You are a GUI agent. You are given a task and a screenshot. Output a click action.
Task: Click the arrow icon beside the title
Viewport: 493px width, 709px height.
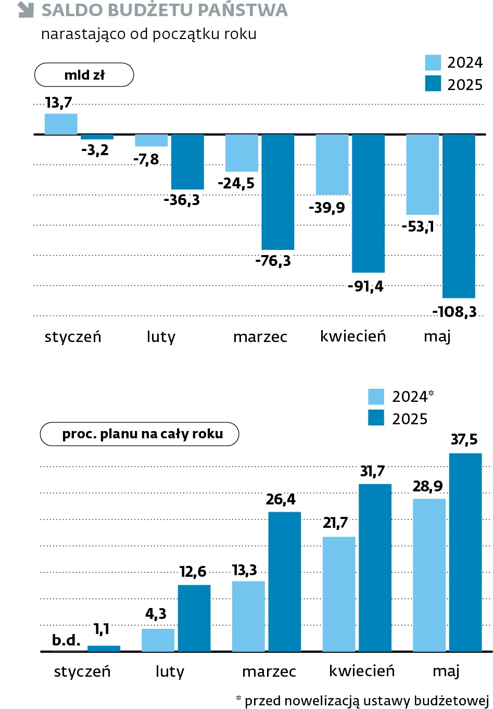(x=26, y=10)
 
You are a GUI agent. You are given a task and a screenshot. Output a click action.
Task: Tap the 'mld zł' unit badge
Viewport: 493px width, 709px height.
(x=84, y=75)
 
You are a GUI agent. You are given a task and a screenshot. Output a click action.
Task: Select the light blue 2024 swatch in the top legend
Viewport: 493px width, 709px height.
(x=433, y=62)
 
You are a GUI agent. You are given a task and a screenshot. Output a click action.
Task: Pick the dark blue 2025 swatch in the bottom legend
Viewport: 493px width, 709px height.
(x=376, y=418)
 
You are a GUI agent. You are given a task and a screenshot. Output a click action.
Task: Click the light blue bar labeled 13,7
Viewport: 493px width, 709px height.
(x=61, y=124)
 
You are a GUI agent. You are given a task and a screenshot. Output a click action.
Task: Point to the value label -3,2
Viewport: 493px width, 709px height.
(x=95, y=150)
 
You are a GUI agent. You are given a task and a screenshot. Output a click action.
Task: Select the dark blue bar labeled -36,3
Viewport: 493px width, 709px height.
(x=187, y=162)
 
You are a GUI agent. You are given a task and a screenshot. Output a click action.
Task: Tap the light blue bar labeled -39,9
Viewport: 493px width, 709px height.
(x=332, y=164)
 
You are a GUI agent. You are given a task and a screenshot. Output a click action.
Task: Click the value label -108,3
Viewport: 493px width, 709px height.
(x=454, y=312)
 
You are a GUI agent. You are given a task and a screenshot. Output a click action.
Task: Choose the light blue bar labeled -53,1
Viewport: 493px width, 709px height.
(x=422, y=174)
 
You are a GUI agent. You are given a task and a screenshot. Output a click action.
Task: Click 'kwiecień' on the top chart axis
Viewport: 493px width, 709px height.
(x=353, y=336)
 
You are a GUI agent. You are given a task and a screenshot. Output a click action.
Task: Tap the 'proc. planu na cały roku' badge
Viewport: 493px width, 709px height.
(x=140, y=434)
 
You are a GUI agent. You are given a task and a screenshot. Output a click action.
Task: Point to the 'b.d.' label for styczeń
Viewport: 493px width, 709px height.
(x=66, y=640)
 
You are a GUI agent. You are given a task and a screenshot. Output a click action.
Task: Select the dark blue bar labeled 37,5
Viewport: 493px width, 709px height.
(x=465, y=552)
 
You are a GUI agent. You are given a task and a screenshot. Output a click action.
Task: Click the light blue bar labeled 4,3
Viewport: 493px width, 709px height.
(x=158, y=640)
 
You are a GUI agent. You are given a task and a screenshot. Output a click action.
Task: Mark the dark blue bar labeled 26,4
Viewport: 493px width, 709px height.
(x=284, y=581)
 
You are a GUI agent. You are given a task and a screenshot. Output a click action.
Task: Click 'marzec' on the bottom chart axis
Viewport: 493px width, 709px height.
(x=269, y=672)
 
